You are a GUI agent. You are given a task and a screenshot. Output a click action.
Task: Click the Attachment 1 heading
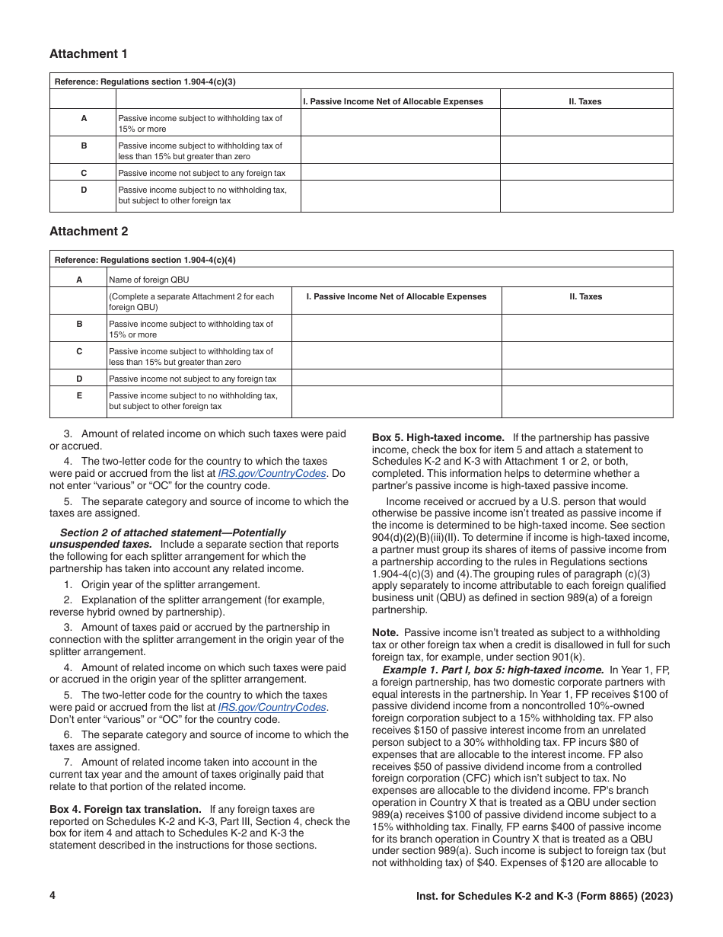(89, 54)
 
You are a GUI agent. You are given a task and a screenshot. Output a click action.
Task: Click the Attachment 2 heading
(89, 232)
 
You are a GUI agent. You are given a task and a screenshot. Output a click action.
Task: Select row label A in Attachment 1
(84, 118)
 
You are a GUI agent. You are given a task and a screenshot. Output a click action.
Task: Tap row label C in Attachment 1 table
(84, 173)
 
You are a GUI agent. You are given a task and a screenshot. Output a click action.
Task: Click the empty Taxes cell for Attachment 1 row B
(586, 150)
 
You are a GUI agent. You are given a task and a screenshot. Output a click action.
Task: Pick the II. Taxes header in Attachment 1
(586, 101)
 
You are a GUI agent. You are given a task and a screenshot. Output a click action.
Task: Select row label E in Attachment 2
(79, 395)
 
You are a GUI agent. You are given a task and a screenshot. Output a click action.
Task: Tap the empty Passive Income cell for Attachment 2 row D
(396, 379)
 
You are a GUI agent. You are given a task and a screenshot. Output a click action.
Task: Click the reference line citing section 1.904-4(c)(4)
(145, 260)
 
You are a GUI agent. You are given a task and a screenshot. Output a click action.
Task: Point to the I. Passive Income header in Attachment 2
(396, 296)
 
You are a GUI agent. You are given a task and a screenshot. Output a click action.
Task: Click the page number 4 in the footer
(53, 896)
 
